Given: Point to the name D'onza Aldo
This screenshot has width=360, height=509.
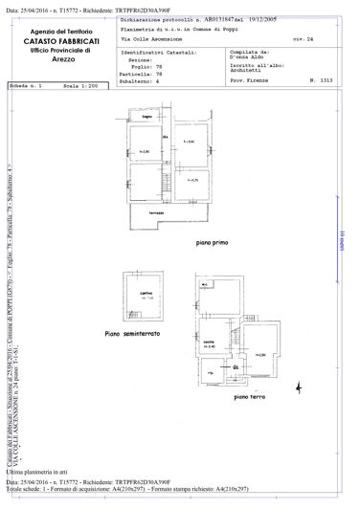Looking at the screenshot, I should click(253, 59).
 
